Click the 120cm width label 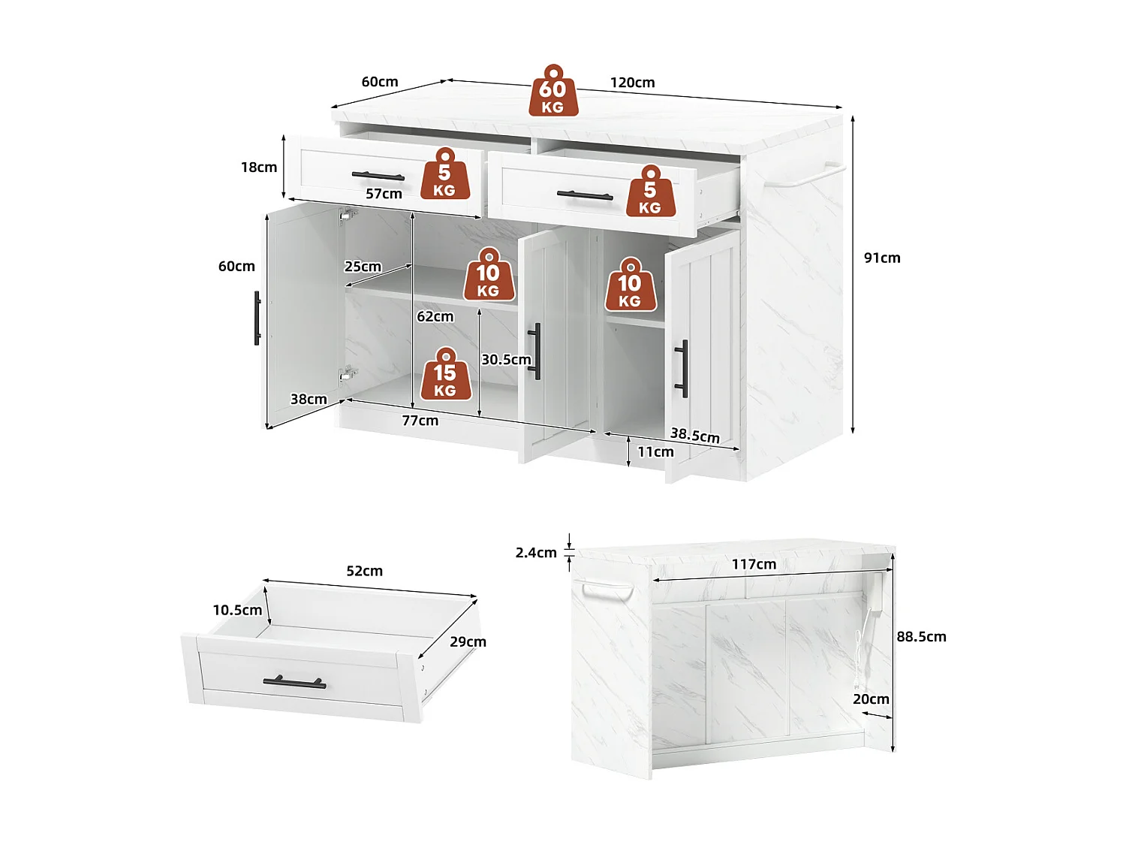(632, 83)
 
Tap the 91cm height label (882, 258)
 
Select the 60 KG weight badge (553, 92)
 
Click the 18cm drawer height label (259, 167)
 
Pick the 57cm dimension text (384, 194)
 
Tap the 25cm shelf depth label (363, 267)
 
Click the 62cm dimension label (435, 316)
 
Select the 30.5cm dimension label (506, 360)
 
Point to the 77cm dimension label (420, 421)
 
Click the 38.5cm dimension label (694, 435)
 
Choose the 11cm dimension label (655, 451)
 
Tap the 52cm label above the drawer (365, 571)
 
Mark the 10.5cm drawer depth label (237, 610)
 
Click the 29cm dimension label (468, 641)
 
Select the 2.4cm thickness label (536, 553)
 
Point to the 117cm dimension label (754, 564)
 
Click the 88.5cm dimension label (921, 637)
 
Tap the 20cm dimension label (871, 699)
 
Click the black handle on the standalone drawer (294, 683)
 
